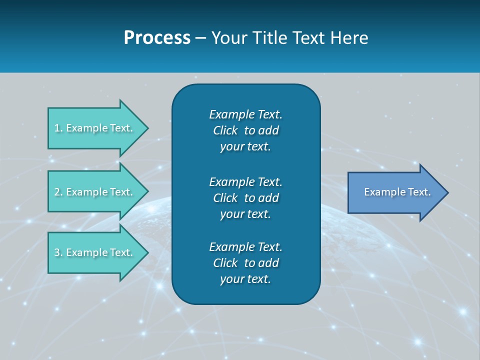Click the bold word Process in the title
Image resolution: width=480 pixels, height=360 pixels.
[157, 38]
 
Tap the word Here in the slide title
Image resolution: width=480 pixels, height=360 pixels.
[349, 38]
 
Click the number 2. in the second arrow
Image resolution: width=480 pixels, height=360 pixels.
[58, 192]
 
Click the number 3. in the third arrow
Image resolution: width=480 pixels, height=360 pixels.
[58, 252]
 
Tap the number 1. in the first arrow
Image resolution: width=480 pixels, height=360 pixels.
[58, 128]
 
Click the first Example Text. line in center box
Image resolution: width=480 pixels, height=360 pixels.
[245, 114]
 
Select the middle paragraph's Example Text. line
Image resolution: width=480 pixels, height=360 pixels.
[245, 181]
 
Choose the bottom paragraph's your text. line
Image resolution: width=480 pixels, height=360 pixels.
[245, 279]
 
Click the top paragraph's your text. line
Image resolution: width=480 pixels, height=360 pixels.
[245, 146]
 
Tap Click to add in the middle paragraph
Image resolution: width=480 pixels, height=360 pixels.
[245, 198]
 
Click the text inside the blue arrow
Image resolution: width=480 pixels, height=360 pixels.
[397, 192]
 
